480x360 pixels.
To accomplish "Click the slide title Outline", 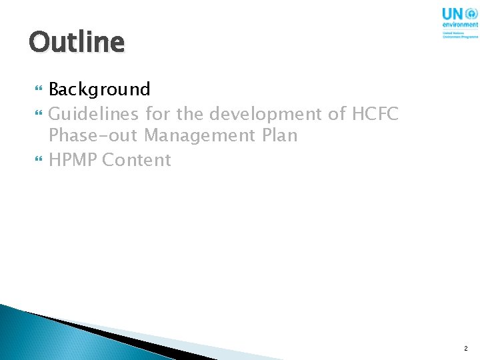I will (x=77, y=42).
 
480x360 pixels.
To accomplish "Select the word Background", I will (x=99, y=89).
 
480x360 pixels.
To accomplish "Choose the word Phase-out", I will (x=93, y=137).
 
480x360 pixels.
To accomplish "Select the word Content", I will (x=137, y=160).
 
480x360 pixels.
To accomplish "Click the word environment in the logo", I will (x=460, y=25).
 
